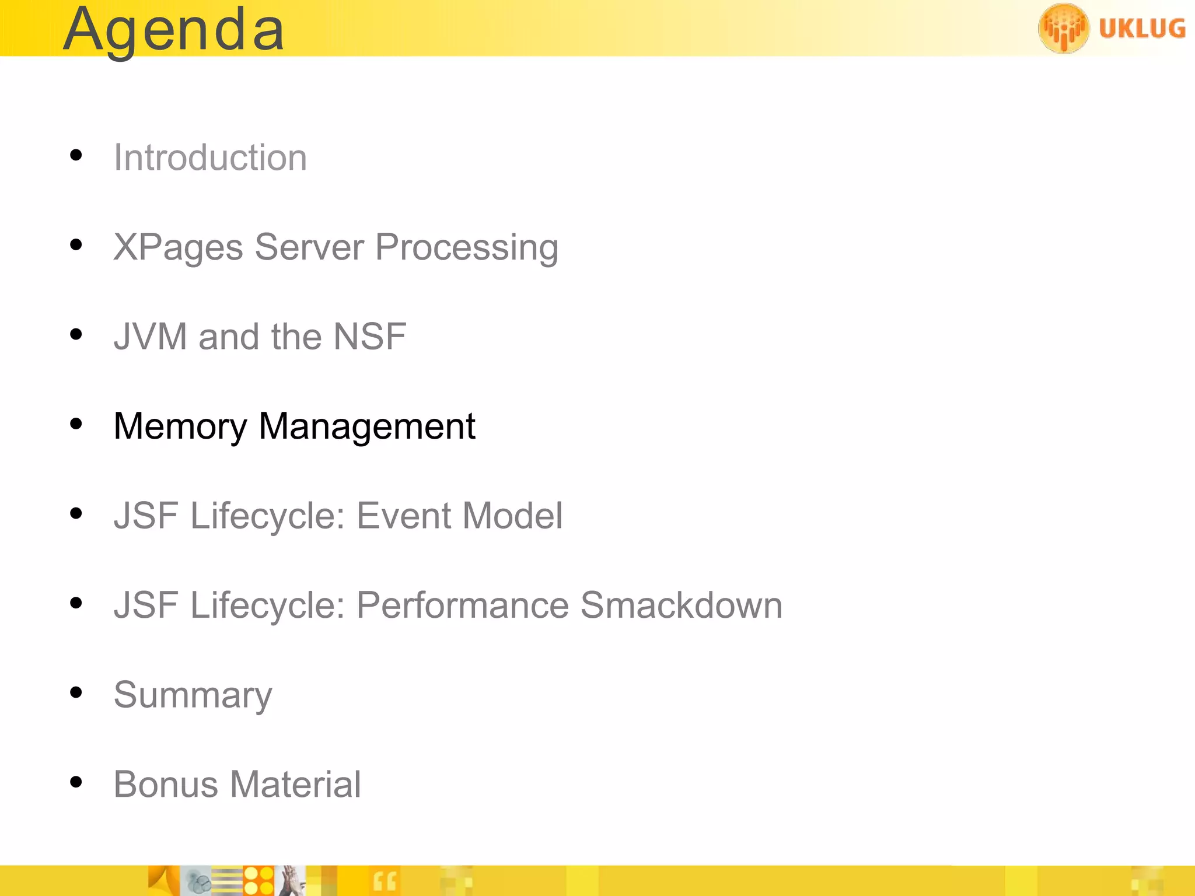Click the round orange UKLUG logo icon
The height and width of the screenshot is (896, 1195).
pos(1063,28)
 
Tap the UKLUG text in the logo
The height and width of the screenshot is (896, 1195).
pos(1142,29)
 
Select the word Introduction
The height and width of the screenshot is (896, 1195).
pos(210,157)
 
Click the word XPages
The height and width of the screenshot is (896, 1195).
pos(178,247)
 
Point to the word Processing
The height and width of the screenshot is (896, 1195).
pos(466,247)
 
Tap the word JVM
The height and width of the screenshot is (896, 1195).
pos(150,337)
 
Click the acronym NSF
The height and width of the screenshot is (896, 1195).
pos(369,337)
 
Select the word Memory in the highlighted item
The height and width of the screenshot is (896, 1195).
pos(180,426)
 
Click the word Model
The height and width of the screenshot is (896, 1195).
pos(513,516)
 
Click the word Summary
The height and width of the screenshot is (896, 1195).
pos(193,695)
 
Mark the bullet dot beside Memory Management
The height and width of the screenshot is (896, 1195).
pos(76,424)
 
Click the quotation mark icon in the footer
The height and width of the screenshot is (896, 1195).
pos(385,881)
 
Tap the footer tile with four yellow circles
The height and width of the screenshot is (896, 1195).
pos(258,881)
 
